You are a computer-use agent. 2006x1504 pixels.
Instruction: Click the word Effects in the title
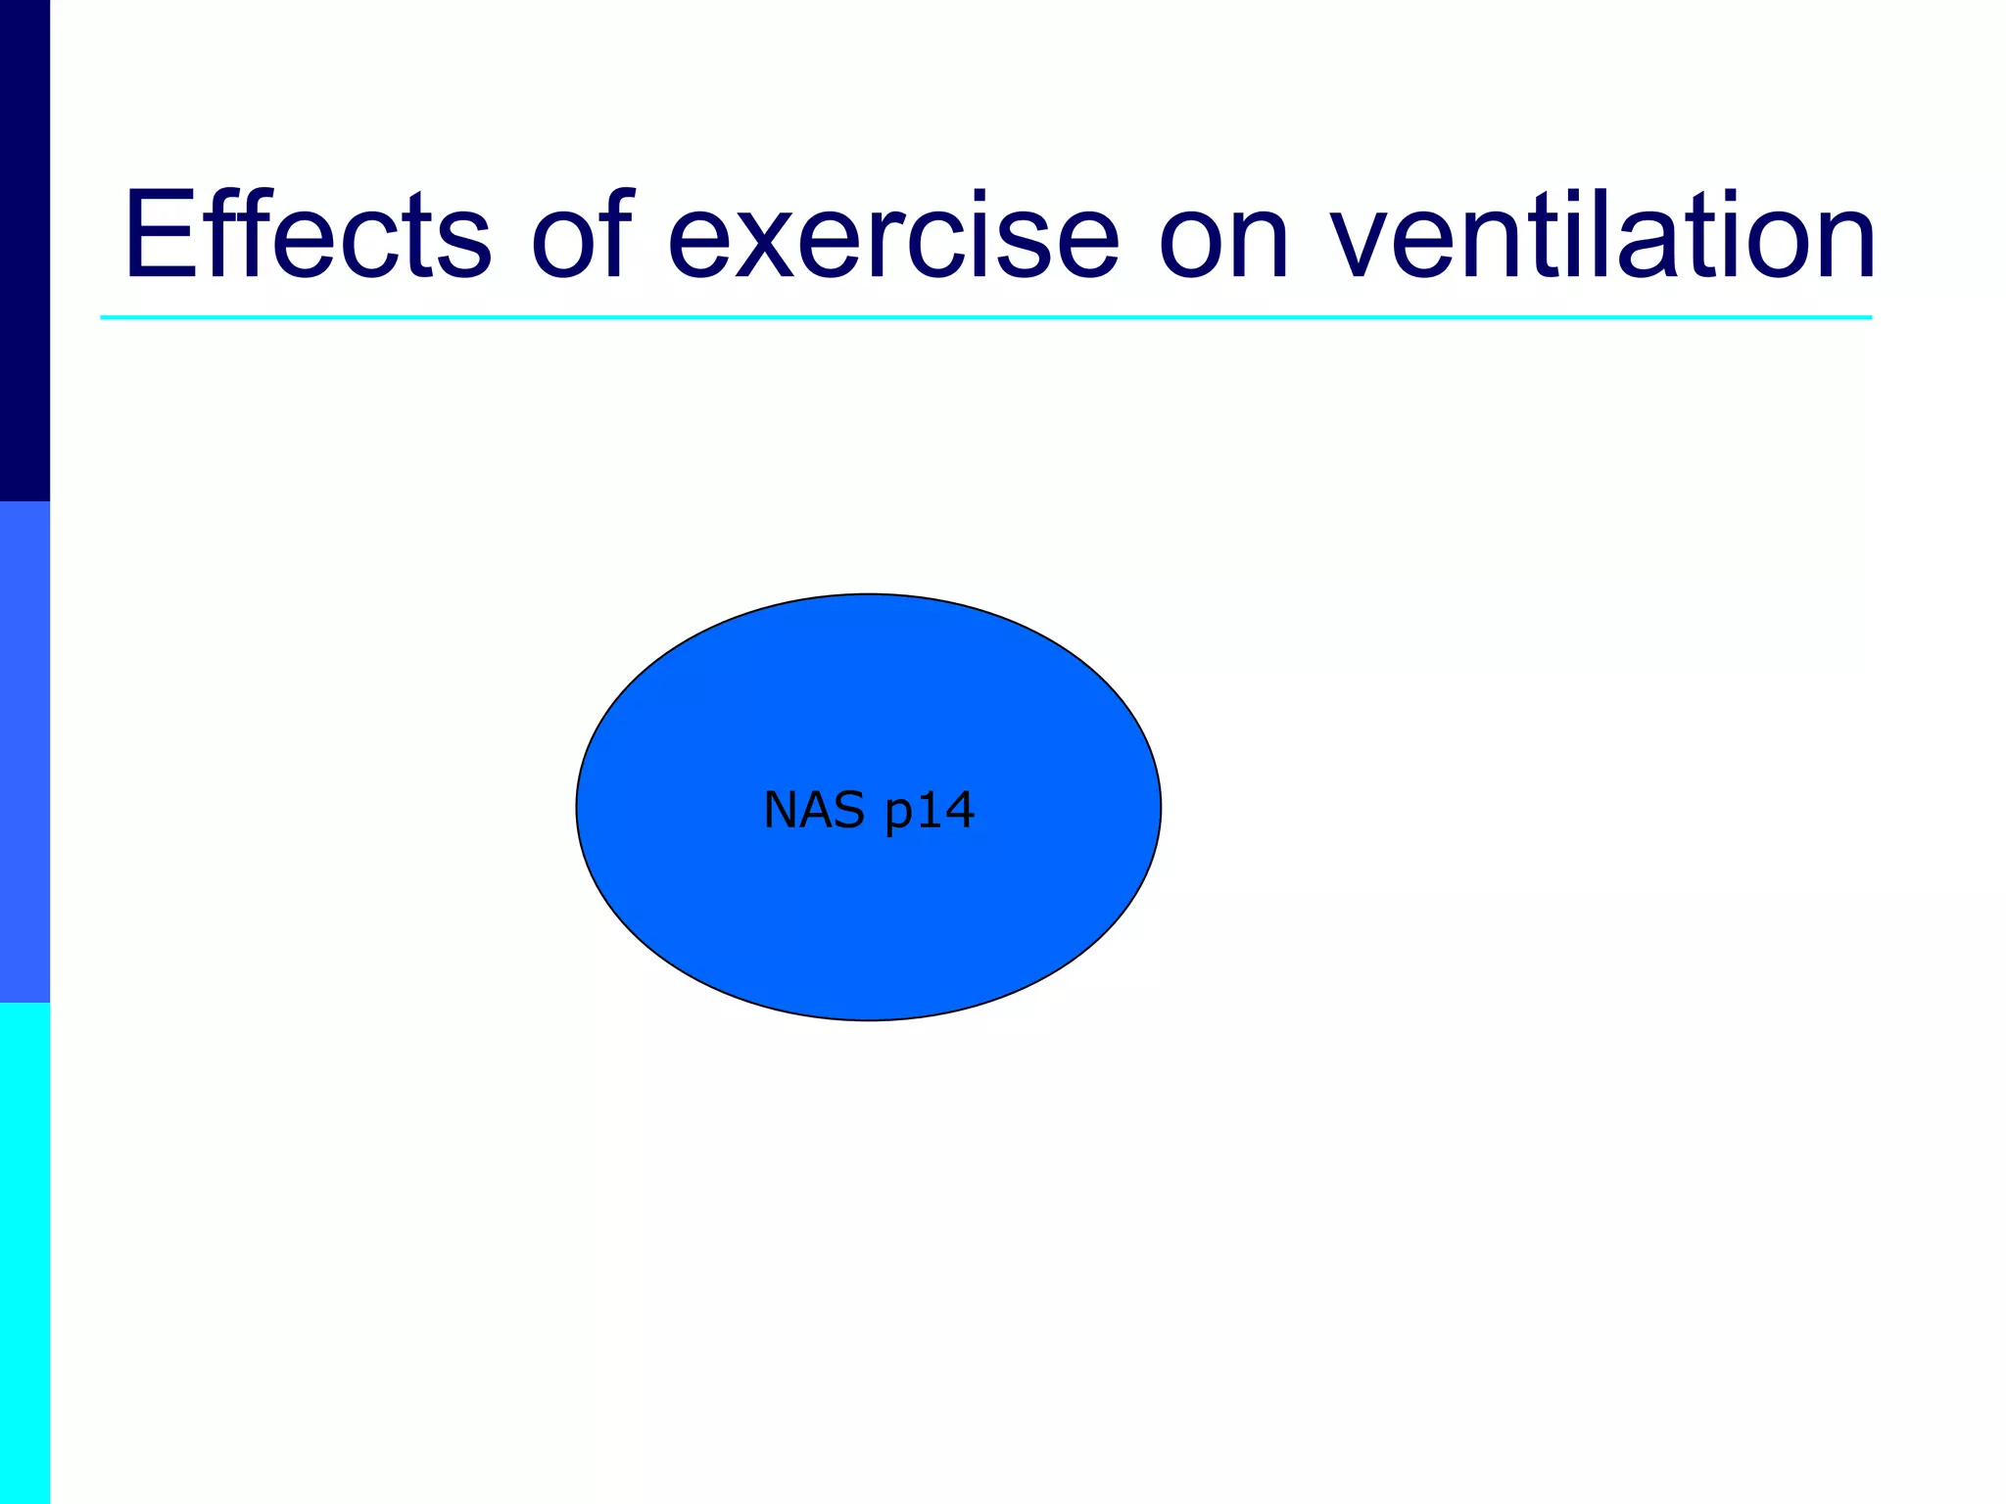click(x=307, y=235)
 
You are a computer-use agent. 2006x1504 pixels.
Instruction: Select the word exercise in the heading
click(x=892, y=235)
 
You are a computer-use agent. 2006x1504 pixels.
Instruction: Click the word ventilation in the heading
click(x=1602, y=235)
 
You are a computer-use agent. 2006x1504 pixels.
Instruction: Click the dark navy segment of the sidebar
click(x=24, y=250)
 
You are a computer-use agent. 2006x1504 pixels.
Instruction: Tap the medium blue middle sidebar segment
click(x=24, y=752)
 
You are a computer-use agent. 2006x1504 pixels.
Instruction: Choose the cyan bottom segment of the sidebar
click(x=24, y=1253)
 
